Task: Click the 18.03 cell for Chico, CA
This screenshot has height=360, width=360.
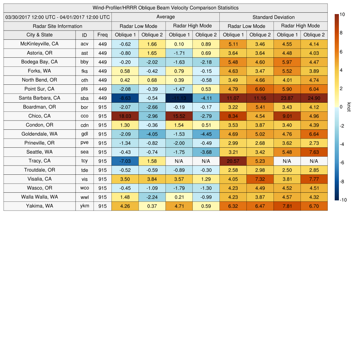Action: click(125, 116)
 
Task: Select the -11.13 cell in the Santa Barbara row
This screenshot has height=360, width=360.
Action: click(179, 98)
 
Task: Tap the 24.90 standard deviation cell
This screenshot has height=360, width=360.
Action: click(314, 98)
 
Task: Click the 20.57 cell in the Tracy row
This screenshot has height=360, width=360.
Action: click(233, 161)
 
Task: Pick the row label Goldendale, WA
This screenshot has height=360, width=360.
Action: click(40, 134)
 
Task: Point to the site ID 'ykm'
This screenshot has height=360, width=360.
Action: click(84, 206)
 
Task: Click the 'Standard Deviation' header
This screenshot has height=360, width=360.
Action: click(274, 17)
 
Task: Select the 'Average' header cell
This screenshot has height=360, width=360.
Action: click(165, 17)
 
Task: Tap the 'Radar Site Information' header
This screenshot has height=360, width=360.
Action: click(57, 26)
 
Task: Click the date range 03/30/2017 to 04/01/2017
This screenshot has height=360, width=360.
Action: click(58, 17)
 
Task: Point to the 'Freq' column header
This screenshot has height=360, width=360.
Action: click(103, 35)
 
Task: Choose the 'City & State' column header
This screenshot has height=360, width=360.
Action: click(40, 35)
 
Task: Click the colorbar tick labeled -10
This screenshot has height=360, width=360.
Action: click(343, 200)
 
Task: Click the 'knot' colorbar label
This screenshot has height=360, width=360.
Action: click(349, 107)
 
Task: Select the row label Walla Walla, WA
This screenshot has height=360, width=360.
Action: click(40, 197)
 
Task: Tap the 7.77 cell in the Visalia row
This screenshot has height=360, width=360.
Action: click(314, 179)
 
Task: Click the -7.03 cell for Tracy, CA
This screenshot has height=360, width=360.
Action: click(125, 161)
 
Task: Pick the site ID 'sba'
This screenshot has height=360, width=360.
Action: click(84, 98)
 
